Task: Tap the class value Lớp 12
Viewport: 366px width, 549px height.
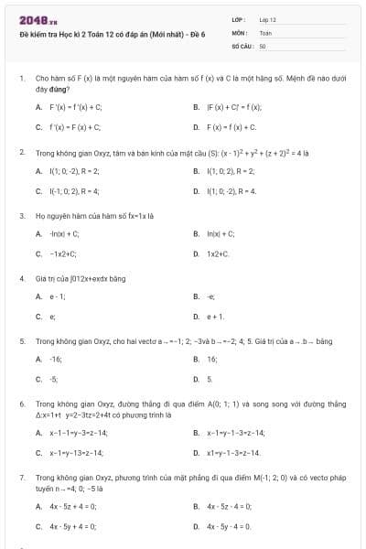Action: pyautogui.click(x=267, y=19)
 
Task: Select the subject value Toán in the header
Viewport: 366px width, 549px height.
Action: pyautogui.click(x=265, y=32)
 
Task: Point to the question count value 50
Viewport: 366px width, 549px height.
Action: pyautogui.click(x=263, y=45)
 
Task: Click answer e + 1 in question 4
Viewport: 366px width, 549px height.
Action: pyautogui.click(x=216, y=317)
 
